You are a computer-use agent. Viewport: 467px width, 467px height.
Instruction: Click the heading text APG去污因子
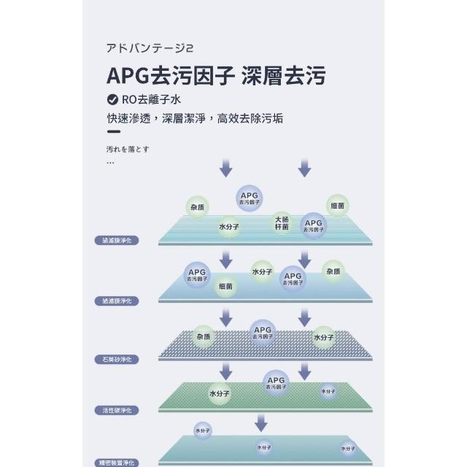coord(171,76)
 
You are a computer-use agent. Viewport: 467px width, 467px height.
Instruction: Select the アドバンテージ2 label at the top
coord(149,50)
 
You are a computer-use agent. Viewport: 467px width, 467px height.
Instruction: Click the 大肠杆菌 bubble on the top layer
coord(282,223)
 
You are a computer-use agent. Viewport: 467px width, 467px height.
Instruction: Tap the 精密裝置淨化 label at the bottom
coord(116,462)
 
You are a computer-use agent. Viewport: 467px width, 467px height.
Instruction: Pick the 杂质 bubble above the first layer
coord(197,207)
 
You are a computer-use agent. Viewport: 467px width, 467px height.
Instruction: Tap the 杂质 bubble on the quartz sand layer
coord(203,337)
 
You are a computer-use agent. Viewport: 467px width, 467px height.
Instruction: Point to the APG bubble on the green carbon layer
coord(276,382)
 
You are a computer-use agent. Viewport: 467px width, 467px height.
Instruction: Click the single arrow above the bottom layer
coord(260,422)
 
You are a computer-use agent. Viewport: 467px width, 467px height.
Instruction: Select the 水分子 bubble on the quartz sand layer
coord(323,337)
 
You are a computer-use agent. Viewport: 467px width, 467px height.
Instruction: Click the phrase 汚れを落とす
coord(128,149)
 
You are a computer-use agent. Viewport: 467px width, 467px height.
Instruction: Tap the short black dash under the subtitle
coord(113,134)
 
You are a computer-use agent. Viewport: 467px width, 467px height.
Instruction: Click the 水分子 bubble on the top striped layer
coord(229,227)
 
